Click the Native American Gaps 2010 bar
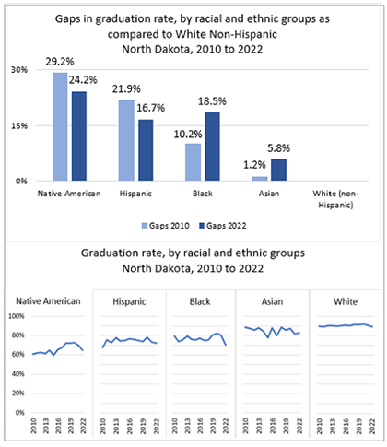tap(60, 126)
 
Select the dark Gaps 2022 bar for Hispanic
tap(146, 150)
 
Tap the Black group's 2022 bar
tap(213, 147)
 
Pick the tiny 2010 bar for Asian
tap(260, 179)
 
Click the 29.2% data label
tap(60, 62)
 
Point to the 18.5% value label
tap(212, 101)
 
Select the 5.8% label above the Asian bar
tap(278, 148)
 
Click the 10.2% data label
tap(188, 135)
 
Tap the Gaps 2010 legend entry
tap(166, 226)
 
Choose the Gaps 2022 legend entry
tap(223, 226)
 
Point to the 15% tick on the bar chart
tap(21, 125)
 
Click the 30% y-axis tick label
tap(19, 70)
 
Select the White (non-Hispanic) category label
tap(335, 199)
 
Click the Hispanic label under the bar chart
tap(135, 194)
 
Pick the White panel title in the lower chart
tap(346, 301)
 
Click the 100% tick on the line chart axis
tap(17, 316)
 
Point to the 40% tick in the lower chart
tap(18, 374)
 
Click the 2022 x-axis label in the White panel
tap(372, 426)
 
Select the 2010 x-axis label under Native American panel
tap(33, 426)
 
